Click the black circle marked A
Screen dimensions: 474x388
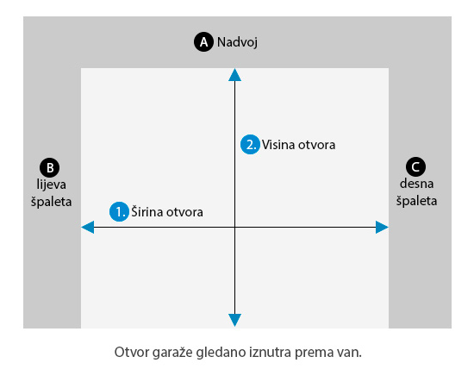coord(203,42)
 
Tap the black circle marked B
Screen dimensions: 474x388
coord(50,167)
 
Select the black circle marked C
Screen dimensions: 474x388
coord(415,166)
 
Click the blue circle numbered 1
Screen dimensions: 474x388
coord(120,212)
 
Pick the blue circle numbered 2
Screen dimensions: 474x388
coord(250,144)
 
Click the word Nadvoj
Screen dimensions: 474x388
coord(237,42)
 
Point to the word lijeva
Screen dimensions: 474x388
coord(52,185)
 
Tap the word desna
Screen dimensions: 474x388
coord(416,184)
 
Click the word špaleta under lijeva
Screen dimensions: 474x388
coord(52,202)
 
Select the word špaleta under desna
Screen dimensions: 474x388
coord(416,201)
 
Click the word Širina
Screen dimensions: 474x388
coord(147,211)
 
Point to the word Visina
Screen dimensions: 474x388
coord(278,145)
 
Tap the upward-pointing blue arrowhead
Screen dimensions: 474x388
coord(235,75)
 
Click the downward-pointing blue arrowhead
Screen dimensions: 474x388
coord(235,320)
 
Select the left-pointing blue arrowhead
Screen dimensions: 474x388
coord(88,227)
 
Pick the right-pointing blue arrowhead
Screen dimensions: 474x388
coord(382,227)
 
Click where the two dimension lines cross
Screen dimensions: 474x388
coord(235,227)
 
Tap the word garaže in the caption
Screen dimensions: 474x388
coord(172,353)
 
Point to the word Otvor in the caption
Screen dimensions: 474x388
coord(132,353)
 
